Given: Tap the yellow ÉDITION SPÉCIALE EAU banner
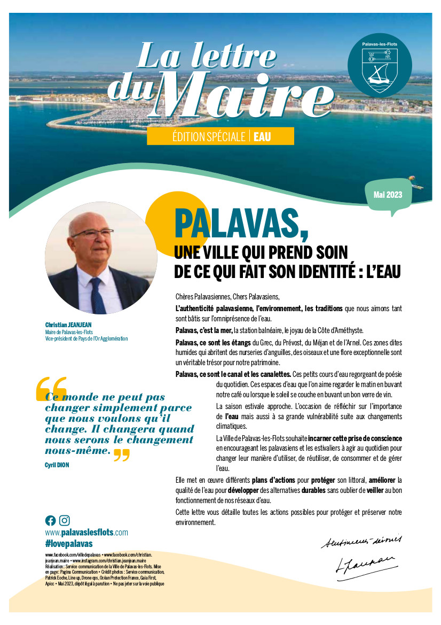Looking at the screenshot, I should tap(220, 136).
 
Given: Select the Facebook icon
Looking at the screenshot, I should tap(50, 520).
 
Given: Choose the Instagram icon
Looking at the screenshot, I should tap(65, 520).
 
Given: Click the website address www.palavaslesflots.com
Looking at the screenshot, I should tap(86, 533).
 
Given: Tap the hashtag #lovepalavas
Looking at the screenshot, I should tap(69, 543).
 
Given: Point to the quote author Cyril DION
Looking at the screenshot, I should tap(57, 465).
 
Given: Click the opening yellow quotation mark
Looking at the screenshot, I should tap(51, 389).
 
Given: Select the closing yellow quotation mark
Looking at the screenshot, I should tap(122, 455).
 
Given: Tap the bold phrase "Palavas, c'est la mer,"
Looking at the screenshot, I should tap(204, 330).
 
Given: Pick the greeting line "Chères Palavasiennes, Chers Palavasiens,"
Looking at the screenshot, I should tap(227, 297).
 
